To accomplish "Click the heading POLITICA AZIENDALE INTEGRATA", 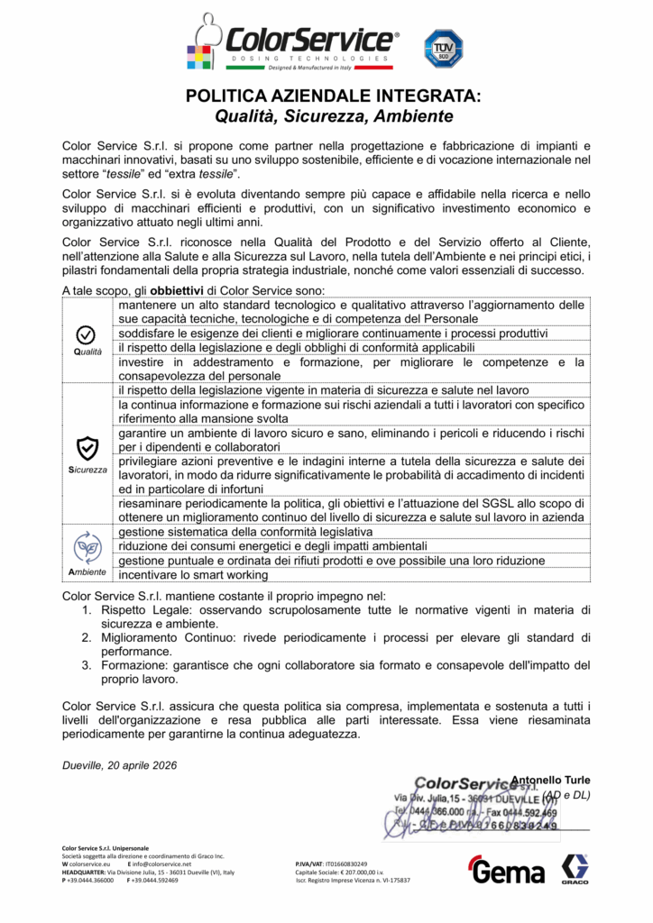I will click(x=333, y=96).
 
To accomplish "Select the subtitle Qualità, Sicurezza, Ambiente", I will click(x=333, y=116).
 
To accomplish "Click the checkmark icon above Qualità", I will click(x=87, y=334).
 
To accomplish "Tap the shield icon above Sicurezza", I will click(x=87, y=448).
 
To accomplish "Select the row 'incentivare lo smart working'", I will click(x=193, y=574).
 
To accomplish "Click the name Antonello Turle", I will click(x=550, y=780).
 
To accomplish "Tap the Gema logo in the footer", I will click(x=506, y=872).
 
